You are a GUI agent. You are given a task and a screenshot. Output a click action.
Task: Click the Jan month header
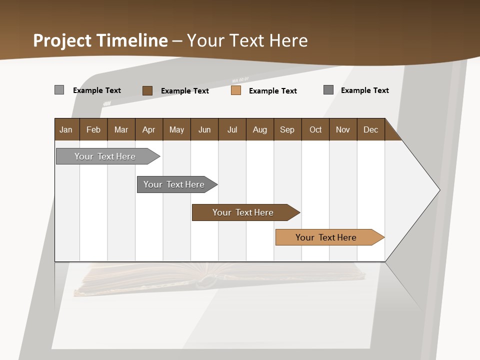[x=66, y=129]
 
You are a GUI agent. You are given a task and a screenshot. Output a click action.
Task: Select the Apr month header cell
[x=148, y=129]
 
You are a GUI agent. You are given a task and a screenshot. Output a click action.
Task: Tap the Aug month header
[x=259, y=129]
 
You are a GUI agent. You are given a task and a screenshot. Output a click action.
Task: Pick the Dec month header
[x=370, y=129]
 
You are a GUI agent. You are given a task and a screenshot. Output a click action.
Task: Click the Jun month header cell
[x=204, y=129]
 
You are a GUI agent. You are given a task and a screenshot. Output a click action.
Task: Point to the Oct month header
[x=315, y=129]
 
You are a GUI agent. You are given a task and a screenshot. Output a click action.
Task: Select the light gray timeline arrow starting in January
[x=105, y=156]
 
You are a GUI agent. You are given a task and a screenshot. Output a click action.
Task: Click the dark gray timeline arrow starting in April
[x=174, y=184]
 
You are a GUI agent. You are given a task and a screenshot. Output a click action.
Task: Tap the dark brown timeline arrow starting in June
[x=243, y=212]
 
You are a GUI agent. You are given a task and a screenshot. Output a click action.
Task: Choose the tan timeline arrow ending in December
[x=326, y=237]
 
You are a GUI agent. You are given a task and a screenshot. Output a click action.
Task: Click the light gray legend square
[x=59, y=90]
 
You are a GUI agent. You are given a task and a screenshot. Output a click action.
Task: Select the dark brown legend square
[x=147, y=90]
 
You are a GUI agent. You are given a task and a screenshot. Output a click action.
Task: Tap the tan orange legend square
[x=236, y=90]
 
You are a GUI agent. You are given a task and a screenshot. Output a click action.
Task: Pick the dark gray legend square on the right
[x=328, y=90]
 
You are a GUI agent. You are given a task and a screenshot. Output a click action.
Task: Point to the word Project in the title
[x=62, y=40]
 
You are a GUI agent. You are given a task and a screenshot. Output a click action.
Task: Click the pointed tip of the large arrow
[x=438, y=190]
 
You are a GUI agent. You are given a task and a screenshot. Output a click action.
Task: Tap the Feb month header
[x=93, y=129]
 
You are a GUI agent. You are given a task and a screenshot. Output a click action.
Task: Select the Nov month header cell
[x=342, y=129]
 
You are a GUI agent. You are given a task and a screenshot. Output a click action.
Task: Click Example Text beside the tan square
[x=272, y=90]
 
